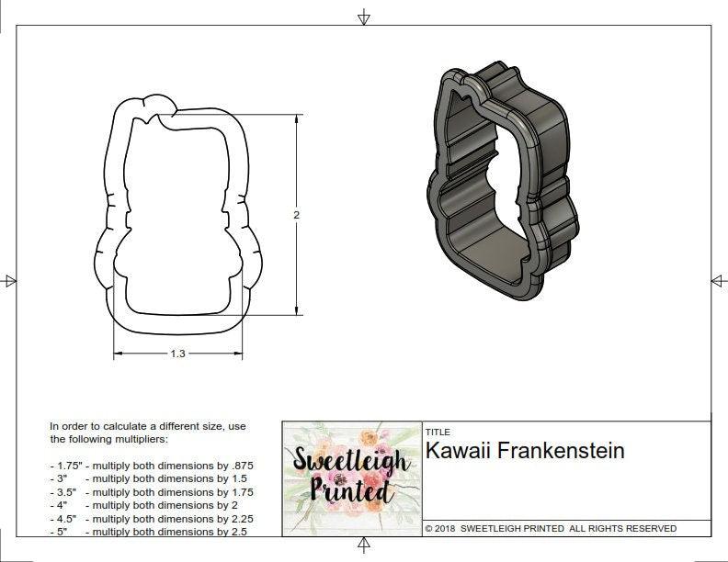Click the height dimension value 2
[x=296, y=215]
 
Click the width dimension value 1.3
[x=177, y=354]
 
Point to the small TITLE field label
[x=437, y=432]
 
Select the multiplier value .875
[x=241, y=466]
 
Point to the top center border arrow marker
[x=364, y=17]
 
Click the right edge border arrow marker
[x=718, y=280]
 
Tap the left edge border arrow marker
[x=9, y=280]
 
